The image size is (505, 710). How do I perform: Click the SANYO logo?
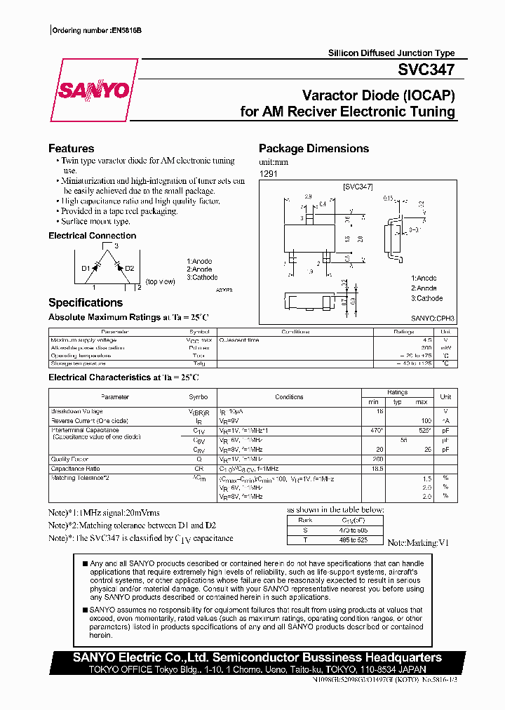[93, 91]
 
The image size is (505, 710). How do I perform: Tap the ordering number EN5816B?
[126, 32]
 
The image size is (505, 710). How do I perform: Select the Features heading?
[71, 148]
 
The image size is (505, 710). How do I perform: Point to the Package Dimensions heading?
[314, 148]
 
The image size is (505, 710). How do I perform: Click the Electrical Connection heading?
[92, 236]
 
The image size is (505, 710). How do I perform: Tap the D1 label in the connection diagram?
[86, 268]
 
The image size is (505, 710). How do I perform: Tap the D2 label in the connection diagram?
[129, 268]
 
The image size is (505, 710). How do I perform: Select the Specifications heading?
[85, 302]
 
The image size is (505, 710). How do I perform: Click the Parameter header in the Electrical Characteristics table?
[115, 397]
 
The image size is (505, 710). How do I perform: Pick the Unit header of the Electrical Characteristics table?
[445, 397]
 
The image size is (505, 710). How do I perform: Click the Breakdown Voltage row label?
[76, 411]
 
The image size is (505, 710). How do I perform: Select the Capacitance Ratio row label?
[75, 469]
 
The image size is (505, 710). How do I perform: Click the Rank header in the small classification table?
[304, 520]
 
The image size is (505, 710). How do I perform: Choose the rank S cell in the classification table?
[304, 530]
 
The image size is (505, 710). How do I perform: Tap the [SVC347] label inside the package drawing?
[358, 187]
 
